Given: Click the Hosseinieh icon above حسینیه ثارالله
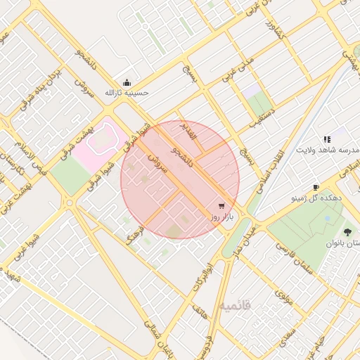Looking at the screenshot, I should pyautogui.click(x=127, y=82).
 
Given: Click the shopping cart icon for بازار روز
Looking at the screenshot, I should pyautogui.click(x=222, y=206).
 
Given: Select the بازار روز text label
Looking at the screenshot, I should pyautogui.click(x=221, y=217).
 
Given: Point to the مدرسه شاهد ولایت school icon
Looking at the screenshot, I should pyautogui.click(x=327, y=140).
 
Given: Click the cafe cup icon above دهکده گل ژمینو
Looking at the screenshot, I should pyautogui.click(x=316, y=187).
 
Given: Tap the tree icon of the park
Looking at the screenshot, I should pyautogui.click(x=347, y=231).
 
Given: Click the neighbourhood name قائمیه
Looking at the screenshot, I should pyautogui.click(x=235, y=307).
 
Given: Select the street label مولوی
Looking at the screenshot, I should pyautogui.click(x=284, y=297).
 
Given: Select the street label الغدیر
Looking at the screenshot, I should pyautogui.click(x=190, y=130).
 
